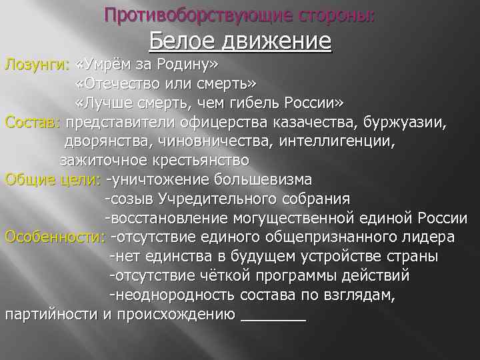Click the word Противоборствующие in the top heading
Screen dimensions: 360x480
[176, 15]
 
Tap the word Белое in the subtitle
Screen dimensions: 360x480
[179, 42]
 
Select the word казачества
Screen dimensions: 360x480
[309, 122]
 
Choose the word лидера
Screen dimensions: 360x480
[433, 237]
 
